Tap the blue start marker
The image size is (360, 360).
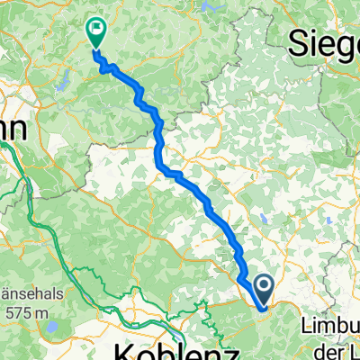[265, 290]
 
